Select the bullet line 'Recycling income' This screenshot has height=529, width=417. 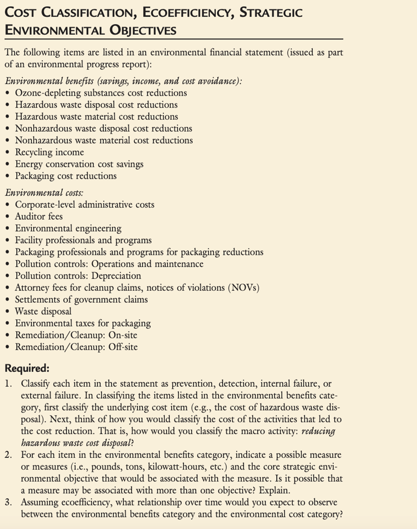[x=49, y=152]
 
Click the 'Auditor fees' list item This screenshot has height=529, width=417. [x=39, y=216]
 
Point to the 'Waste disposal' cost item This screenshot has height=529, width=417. [x=43, y=311]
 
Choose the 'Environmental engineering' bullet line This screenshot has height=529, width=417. [x=68, y=228]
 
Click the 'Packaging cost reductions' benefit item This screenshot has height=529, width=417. [x=66, y=176]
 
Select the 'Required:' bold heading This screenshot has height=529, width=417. [x=27, y=368]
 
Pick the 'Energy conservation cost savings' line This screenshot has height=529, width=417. [x=79, y=164]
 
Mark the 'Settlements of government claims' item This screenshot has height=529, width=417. [x=81, y=299]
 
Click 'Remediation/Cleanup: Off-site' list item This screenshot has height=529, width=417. [x=76, y=347]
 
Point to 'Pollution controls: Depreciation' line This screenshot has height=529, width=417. [x=78, y=276]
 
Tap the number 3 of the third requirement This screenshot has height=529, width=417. [x=8, y=502]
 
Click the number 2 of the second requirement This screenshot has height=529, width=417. [x=8, y=455]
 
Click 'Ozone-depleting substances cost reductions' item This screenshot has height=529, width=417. [x=101, y=93]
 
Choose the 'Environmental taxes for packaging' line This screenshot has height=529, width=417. [x=83, y=323]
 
